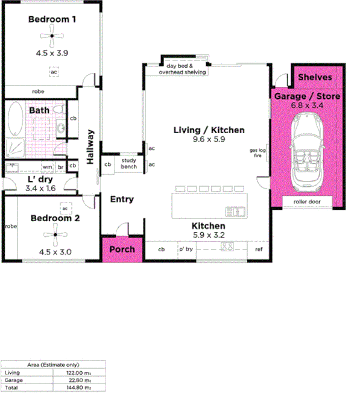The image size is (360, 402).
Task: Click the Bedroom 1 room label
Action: tap(52, 19)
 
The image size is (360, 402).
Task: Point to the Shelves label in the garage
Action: tap(315, 77)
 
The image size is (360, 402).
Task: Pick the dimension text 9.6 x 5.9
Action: tap(208, 139)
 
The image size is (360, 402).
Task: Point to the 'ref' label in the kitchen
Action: tap(259, 249)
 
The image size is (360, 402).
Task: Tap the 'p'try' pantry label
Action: tap(185, 249)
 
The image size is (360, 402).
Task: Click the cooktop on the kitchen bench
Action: tap(227, 247)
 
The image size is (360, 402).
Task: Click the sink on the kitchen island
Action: tap(235, 211)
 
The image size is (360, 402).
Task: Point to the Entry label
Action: tap(122, 199)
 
